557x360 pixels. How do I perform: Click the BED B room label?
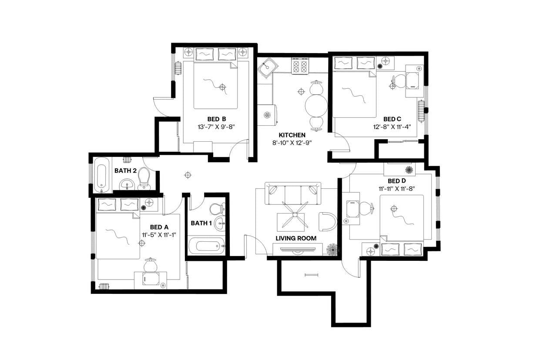click(216, 119)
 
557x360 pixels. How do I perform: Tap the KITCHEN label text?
click(292, 135)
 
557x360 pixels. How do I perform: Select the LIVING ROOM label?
click(296, 238)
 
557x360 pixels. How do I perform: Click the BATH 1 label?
click(201, 223)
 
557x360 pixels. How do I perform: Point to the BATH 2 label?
click(125, 170)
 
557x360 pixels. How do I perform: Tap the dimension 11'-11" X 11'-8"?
click(397, 188)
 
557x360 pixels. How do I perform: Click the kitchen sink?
click(266, 68)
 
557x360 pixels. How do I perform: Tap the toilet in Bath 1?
click(217, 209)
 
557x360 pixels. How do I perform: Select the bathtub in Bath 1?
click(207, 246)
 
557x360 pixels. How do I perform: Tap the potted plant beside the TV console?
click(332, 249)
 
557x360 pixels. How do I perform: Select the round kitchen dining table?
click(316, 104)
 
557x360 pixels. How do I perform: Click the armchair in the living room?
click(327, 222)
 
